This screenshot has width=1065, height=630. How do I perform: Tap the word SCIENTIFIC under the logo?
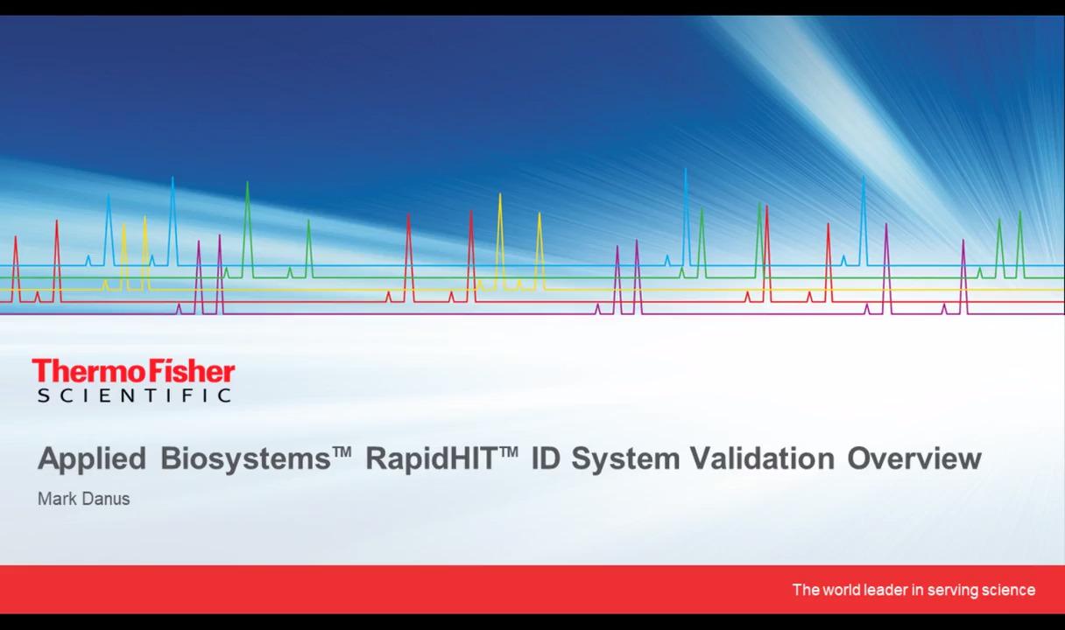point(135,395)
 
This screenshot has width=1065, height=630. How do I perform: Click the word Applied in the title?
point(92,459)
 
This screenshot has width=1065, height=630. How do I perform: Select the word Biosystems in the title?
point(245,459)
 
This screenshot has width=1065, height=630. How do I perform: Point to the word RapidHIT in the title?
point(431,459)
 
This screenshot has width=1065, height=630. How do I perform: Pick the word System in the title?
point(625,459)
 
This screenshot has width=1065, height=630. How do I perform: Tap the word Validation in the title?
point(762,458)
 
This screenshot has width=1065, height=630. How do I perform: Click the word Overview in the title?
point(914,458)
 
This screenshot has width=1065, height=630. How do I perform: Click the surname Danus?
point(106,499)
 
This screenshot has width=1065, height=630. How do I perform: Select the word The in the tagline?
point(806,590)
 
